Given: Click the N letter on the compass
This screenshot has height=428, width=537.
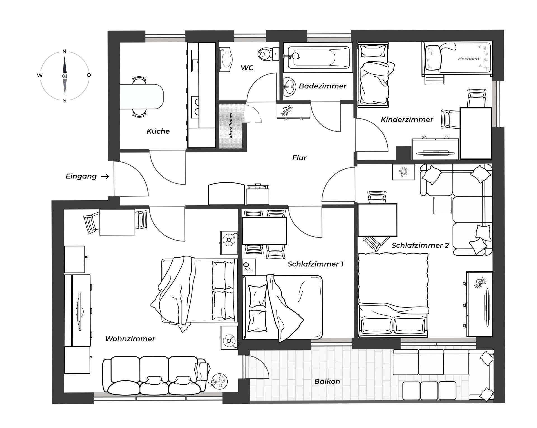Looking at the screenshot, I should click(x=64, y=51).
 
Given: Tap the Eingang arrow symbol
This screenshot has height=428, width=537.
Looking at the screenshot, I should click(x=105, y=177).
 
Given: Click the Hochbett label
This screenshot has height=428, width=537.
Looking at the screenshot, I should click(x=469, y=59).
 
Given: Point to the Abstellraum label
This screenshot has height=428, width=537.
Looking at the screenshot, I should click(x=231, y=126).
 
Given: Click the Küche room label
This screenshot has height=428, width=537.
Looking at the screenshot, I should click(x=158, y=131).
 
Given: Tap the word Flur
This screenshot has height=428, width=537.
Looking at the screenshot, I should click(x=299, y=158).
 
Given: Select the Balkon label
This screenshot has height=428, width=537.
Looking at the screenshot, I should click(x=327, y=382).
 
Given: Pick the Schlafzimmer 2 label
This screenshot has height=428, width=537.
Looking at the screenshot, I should click(x=420, y=246).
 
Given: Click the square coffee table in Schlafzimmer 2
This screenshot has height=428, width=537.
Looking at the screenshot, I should click(x=442, y=205).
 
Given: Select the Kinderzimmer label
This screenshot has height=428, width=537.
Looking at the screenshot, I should click(x=407, y=120).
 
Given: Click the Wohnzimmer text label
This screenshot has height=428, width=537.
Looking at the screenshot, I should click(x=130, y=339).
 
